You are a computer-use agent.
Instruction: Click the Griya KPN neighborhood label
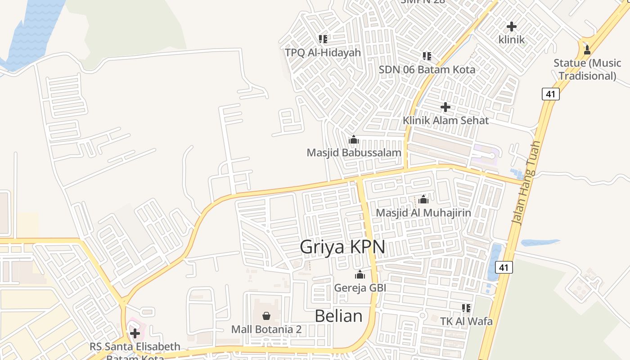[x=342, y=247]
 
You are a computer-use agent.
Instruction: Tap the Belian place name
[x=338, y=316]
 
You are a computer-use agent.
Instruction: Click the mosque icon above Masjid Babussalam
[x=354, y=139]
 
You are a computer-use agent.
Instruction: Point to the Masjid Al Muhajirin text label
[x=423, y=213]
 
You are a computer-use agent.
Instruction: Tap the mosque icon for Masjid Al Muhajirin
[x=423, y=199]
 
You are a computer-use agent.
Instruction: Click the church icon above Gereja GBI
[x=360, y=274]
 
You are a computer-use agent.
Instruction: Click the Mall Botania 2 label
[x=266, y=329]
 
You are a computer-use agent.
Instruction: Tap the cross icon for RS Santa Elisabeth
[x=135, y=333]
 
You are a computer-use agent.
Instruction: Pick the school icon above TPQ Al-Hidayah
[x=323, y=39]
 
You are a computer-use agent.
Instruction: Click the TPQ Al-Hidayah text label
[x=323, y=53]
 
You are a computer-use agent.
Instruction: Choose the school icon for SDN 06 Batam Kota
[x=427, y=56]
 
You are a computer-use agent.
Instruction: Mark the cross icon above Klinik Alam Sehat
[x=445, y=107]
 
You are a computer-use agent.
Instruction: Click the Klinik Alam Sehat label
[x=445, y=121]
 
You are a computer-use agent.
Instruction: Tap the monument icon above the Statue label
[x=587, y=49]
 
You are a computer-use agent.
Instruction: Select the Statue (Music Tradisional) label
[x=587, y=69]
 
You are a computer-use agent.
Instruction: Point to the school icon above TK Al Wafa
[x=466, y=308]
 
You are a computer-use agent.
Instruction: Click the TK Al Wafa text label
[x=466, y=321]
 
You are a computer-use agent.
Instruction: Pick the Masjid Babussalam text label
[x=354, y=153]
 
